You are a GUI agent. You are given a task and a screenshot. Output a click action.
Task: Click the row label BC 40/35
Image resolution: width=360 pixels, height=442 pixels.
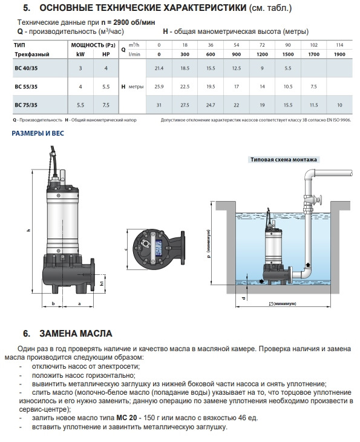(x=26, y=68)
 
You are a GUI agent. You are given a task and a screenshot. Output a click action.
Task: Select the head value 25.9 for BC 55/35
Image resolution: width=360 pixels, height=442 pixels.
(x=159, y=87)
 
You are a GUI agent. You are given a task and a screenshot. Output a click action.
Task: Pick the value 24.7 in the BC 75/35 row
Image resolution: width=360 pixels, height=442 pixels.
(x=211, y=105)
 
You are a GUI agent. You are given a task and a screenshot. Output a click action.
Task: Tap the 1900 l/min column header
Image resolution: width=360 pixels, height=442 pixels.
(x=339, y=54)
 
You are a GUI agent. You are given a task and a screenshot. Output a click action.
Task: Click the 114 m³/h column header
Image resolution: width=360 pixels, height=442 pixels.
(x=339, y=45)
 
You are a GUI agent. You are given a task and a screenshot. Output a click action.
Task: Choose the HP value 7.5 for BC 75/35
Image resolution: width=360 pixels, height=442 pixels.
(x=106, y=105)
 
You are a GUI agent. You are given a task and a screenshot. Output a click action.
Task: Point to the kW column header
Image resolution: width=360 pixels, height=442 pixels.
(x=80, y=54)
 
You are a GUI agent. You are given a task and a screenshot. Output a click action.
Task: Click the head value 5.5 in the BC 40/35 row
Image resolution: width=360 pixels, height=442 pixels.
(x=288, y=68)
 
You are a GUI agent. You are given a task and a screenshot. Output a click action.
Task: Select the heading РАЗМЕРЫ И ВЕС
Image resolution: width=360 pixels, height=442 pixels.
(x=38, y=133)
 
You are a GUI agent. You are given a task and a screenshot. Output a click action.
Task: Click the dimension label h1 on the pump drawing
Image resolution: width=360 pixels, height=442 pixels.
(x=102, y=283)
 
